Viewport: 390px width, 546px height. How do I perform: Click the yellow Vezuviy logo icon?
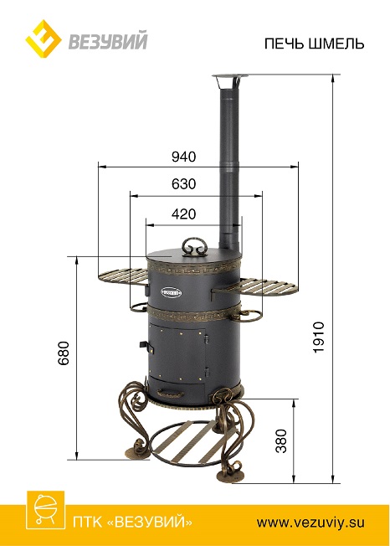point(44,39)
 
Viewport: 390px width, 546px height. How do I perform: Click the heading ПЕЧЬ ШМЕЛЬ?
point(314,44)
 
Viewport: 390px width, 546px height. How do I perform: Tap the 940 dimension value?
point(183,157)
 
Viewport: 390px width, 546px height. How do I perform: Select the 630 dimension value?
point(183,183)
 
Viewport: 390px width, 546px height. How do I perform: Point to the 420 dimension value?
point(183,214)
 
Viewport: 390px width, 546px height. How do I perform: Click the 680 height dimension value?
point(64,353)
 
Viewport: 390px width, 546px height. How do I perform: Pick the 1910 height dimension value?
point(318,337)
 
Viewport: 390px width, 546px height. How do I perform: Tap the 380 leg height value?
point(281,440)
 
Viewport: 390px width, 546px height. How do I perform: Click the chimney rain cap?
point(230,80)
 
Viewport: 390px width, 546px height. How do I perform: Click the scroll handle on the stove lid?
point(194,246)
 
